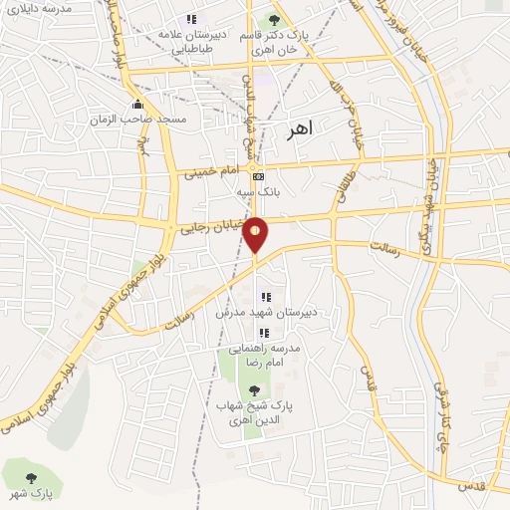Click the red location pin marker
pos(256,234)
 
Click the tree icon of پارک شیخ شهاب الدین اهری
pos(253,389)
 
